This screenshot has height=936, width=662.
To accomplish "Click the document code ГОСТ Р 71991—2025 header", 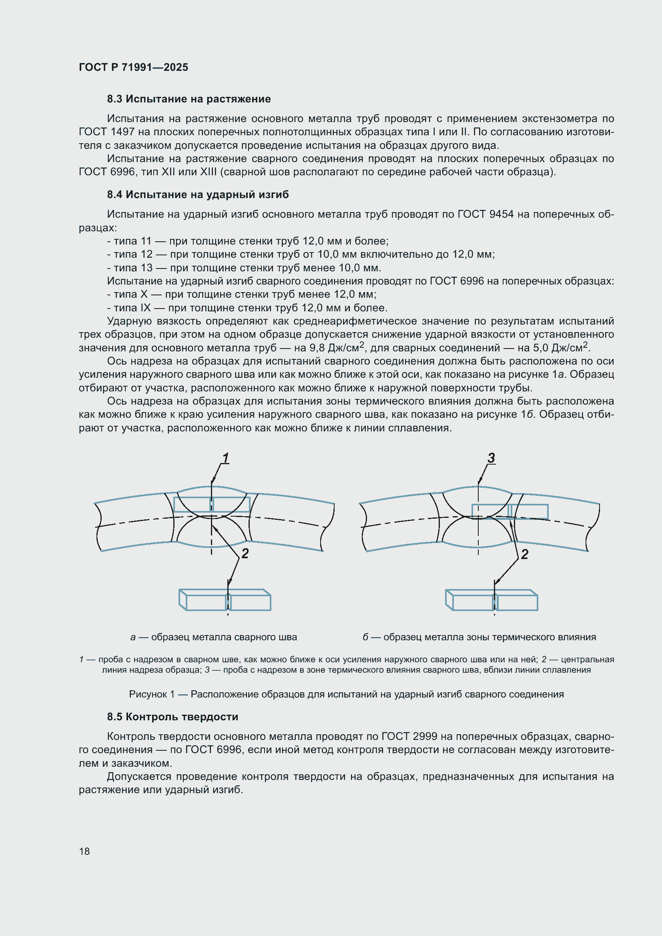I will [133, 67].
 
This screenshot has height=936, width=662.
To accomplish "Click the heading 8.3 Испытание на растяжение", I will [189, 99].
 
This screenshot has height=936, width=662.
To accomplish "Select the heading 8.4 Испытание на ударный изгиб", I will [198, 194].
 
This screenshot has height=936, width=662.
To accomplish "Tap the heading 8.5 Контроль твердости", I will [173, 717].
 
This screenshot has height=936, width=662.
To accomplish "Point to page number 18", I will [84, 851].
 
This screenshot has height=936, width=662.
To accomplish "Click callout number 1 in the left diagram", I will [225, 458].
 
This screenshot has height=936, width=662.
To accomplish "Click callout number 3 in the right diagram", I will [491, 458].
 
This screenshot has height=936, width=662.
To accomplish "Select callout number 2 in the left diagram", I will [245, 553].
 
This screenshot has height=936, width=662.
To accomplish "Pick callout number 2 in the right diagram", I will [525, 554].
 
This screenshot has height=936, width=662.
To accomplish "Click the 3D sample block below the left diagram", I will [225, 600].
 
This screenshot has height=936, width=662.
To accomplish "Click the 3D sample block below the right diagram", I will [491, 600].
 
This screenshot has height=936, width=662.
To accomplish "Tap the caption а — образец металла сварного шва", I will [214, 637].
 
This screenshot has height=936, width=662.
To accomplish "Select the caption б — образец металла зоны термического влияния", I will [479, 637].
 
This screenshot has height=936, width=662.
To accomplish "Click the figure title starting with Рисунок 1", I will [346, 694].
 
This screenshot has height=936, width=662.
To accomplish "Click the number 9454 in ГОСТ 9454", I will [502, 214].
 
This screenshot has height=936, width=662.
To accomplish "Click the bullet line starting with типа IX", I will [247, 308].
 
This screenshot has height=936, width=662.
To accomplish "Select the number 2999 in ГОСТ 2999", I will [425, 736].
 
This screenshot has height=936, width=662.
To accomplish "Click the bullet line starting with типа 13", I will [244, 268].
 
